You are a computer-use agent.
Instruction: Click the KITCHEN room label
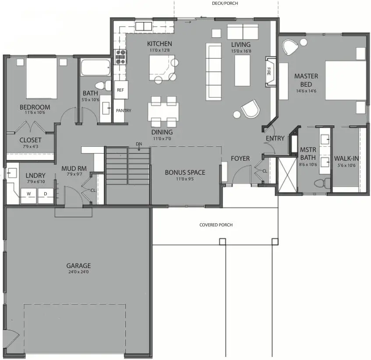tap(159, 44)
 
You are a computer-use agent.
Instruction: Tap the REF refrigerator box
tap(120, 90)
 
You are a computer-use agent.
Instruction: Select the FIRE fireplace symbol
tap(269, 71)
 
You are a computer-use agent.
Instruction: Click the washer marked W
tap(29, 194)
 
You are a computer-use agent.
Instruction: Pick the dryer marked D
tap(45, 194)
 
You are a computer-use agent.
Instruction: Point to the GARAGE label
tap(78, 265)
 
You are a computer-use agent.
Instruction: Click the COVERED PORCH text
tap(216, 225)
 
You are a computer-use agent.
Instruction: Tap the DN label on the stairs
tap(139, 144)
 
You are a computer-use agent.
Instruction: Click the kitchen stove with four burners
tap(120, 57)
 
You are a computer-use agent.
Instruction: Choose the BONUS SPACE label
tap(185, 172)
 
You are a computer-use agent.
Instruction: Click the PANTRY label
tap(124, 111)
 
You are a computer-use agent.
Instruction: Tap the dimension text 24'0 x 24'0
tap(78, 272)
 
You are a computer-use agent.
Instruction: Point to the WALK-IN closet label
tap(347, 159)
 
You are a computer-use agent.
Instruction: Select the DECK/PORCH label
tap(225, 3)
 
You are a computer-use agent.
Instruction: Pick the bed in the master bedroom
tap(346, 81)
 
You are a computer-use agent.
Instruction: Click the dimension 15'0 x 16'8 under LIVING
tap(241, 51)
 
